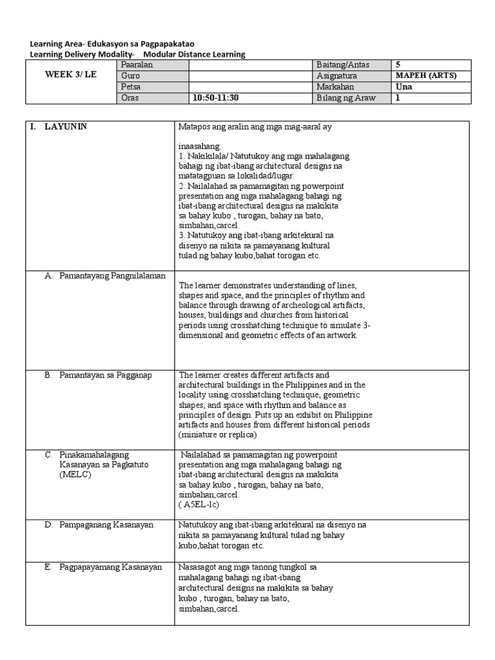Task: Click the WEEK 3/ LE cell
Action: coord(70,75)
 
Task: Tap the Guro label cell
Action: coord(129,75)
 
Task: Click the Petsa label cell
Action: coord(130,86)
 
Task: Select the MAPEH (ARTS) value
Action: coord(426,75)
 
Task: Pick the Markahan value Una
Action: coord(403,86)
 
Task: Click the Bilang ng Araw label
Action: coord(346,98)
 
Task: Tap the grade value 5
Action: coord(398,65)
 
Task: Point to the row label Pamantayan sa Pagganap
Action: coord(106,375)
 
